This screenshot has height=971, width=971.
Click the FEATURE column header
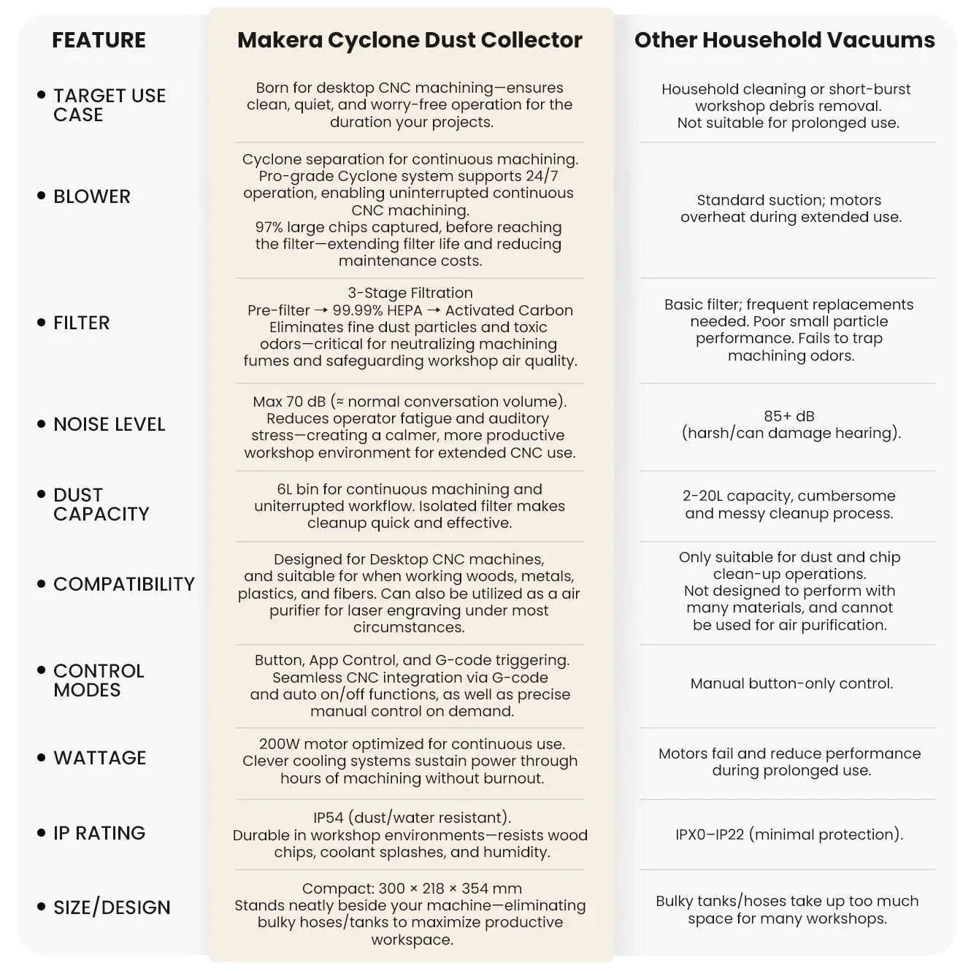[x=99, y=40]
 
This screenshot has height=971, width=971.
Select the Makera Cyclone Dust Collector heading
[x=410, y=40]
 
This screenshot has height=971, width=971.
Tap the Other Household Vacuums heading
[x=784, y=40]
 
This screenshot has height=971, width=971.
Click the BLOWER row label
[x=92, y=196]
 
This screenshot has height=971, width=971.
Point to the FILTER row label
[x=81, y=323]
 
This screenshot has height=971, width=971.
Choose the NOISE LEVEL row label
[x=109, y=424]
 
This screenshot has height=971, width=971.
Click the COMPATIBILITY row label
[x=124, y=584]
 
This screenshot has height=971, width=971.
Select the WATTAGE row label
[x=99, y=758]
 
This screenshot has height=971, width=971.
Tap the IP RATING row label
[x=99, y=833]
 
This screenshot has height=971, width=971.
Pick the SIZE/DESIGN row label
[x=112, y=907]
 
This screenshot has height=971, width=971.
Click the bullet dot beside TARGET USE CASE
[x=42, y=95]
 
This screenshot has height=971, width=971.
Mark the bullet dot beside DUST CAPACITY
[x=42, y=494]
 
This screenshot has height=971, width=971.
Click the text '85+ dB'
[x=788, y=416]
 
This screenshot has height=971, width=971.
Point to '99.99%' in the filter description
[x=358, y=310]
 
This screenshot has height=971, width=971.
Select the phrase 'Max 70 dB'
[x=289, y=402]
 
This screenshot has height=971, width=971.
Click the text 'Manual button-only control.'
[x=791, y=684]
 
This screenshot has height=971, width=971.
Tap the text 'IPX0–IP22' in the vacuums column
[x=710, y=834]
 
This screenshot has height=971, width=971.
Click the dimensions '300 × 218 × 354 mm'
[x=450, y=889]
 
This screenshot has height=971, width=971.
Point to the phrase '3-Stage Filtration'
[x=410, y=293]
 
